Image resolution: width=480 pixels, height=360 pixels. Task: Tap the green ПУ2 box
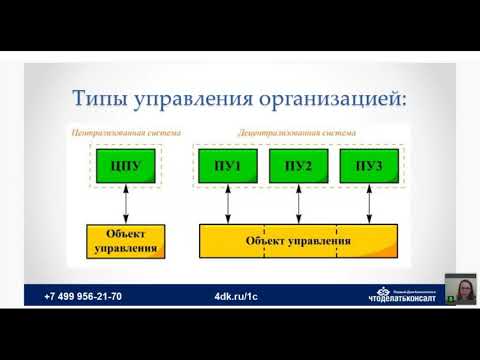298,165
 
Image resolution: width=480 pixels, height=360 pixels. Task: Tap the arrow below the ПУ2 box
299,204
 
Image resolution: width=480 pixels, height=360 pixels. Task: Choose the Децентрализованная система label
297,131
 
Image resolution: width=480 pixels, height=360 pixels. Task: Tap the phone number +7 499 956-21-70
83,297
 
